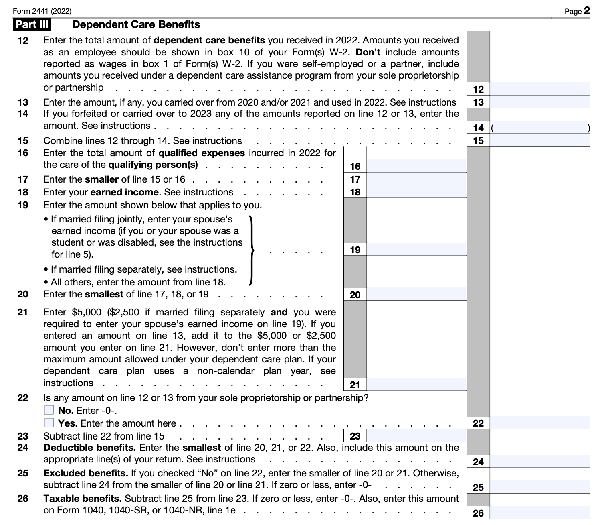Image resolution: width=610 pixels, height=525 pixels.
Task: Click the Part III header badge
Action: tap(32, 24)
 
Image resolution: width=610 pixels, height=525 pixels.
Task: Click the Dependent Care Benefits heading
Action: tap(136, 24)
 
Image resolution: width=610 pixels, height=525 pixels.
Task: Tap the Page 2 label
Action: tap(577, 11)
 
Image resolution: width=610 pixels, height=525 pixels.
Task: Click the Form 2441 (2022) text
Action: tap(42, 11)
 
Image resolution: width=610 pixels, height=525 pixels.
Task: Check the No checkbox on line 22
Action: tap(49, 410)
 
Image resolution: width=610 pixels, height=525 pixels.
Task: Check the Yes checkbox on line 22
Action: tap(49, 423)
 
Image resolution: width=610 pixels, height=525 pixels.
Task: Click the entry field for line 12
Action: tap(540, 89)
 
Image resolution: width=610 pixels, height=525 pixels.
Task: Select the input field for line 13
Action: tap(540, 102)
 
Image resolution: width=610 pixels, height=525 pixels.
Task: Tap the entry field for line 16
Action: tap(416, 166)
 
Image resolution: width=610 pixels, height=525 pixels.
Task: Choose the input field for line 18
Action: tap(416, 192)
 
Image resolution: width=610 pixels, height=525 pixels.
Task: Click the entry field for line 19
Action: tap(416, 250)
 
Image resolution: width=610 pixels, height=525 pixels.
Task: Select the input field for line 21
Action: tap(416, 385)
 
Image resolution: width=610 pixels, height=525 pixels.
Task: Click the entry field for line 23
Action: tap(416, 436)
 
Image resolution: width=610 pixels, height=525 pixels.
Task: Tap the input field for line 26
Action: tap(540, 513)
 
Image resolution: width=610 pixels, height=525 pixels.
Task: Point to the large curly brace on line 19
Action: tap(251, 250)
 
